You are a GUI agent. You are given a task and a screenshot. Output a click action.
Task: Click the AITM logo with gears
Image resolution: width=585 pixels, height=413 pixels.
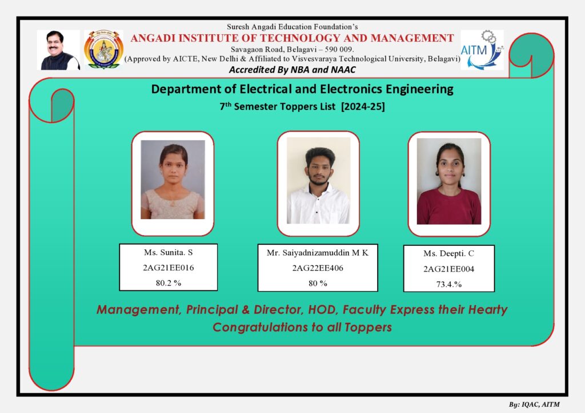point(482,50)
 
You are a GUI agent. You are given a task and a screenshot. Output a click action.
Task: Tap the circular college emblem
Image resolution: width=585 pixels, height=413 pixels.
point(103,50)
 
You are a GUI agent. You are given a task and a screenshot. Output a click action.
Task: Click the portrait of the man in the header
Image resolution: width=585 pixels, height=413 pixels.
point(59,50)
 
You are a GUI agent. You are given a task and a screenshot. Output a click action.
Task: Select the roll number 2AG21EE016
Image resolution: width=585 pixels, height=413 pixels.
point(169,268)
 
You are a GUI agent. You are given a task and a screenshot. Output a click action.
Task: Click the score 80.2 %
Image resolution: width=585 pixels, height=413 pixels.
point(169,283)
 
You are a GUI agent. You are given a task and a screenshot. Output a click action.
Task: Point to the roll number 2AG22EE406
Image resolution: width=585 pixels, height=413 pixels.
point(318,268)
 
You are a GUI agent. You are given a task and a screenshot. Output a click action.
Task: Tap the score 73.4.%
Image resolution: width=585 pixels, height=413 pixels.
point(449,284)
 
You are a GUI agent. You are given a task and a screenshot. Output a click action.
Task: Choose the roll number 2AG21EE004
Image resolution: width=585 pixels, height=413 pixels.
point(449,269)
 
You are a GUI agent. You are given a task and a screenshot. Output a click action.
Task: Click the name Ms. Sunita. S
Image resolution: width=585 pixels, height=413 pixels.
point(169,252)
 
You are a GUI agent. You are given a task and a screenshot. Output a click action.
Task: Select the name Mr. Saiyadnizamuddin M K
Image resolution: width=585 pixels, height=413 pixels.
point(318,253)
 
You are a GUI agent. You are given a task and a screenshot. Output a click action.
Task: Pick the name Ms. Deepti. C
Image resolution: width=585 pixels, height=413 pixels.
point(449,253)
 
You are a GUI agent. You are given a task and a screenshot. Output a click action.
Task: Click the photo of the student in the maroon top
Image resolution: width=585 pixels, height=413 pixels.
point(449,181)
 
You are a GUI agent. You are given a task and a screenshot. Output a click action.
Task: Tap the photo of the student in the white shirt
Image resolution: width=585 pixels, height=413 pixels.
point(318,181)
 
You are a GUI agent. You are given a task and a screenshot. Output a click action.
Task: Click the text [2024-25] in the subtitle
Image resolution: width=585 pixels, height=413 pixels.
point(363,107)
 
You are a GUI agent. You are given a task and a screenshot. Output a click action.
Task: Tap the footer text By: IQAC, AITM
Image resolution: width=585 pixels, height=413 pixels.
point(534,404)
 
